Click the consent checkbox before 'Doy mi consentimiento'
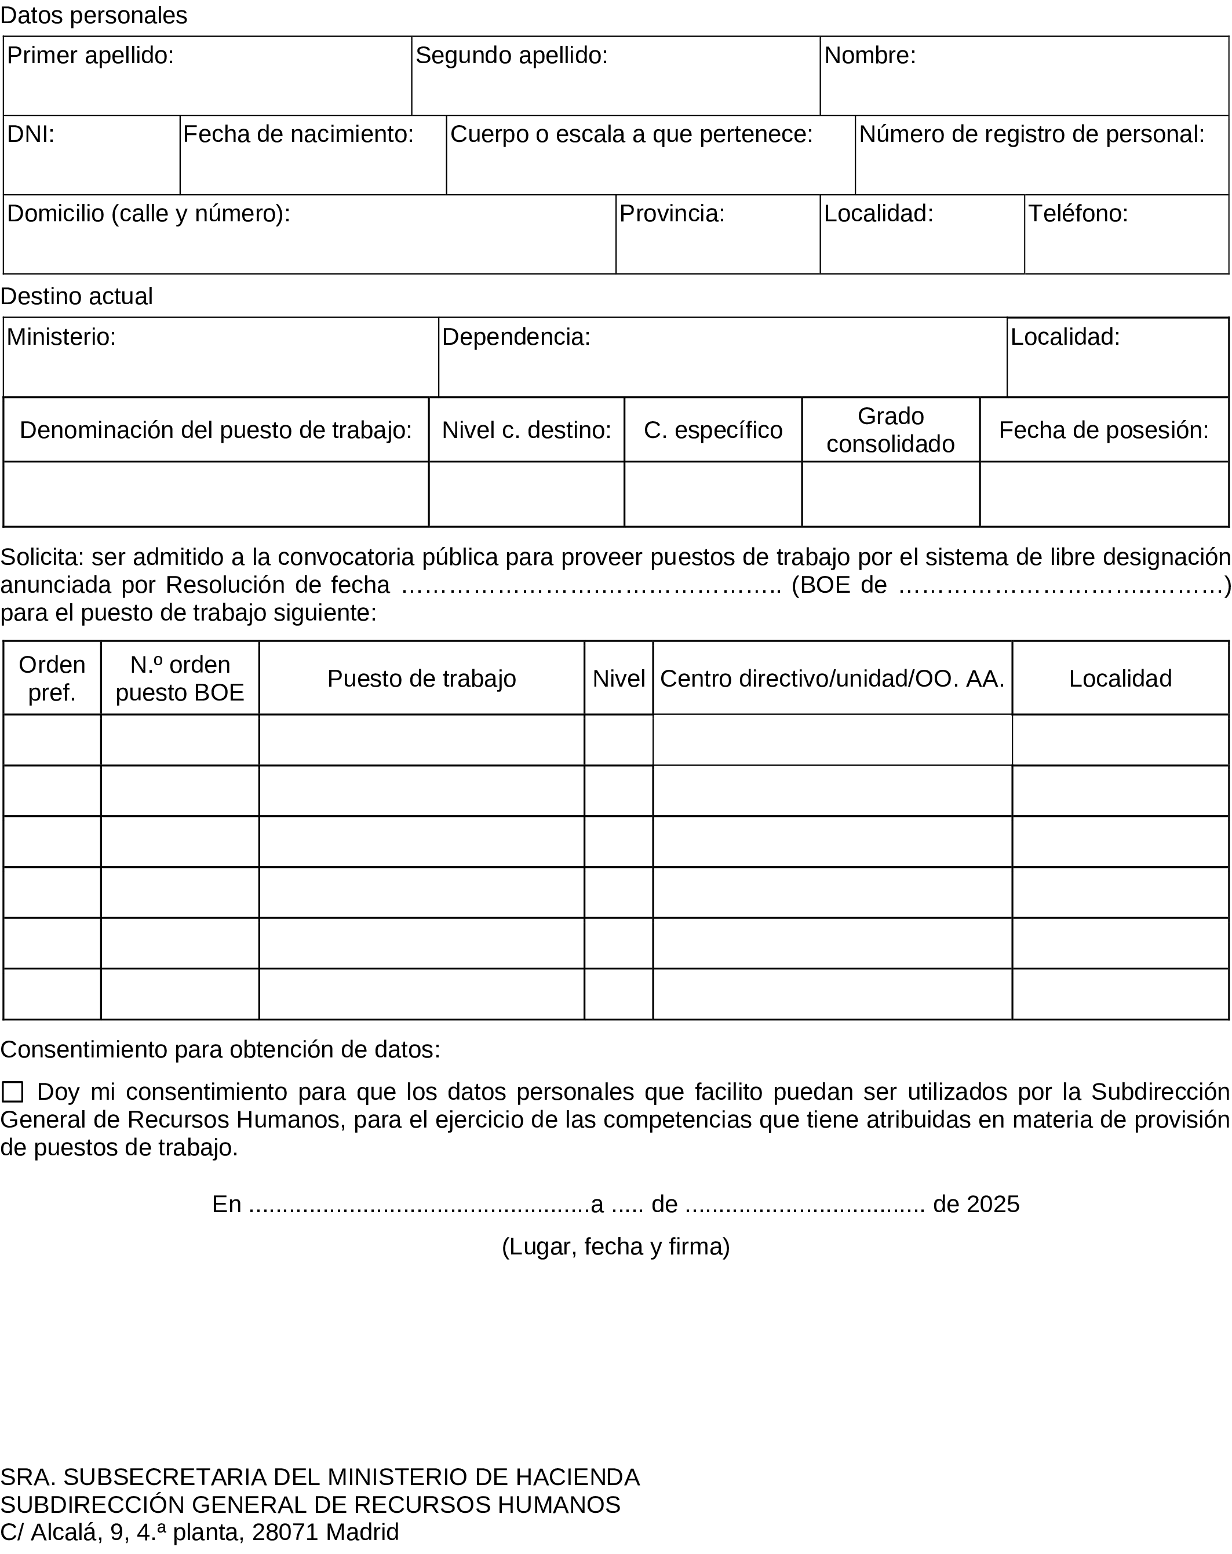click(x=12, y=1092)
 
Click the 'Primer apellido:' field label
click(x=90, y=56)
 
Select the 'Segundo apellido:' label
click(x=511, y=56)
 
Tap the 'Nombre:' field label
click(x=869, y=56)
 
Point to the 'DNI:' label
click(x=30, y=134)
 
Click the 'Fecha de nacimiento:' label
click(x=298, y=134)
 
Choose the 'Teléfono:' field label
click(x=1077, y=213)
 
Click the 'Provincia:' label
click(x=671, y=213)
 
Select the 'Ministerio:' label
click(x=61, y=337)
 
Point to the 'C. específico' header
click(x=712, y=431)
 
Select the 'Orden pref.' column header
click(x=52, y=678)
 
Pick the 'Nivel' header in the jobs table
click(x=618, y=679)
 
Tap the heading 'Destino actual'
click(x=76, y=296)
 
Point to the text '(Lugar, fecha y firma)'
click(x=615, y=1246)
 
